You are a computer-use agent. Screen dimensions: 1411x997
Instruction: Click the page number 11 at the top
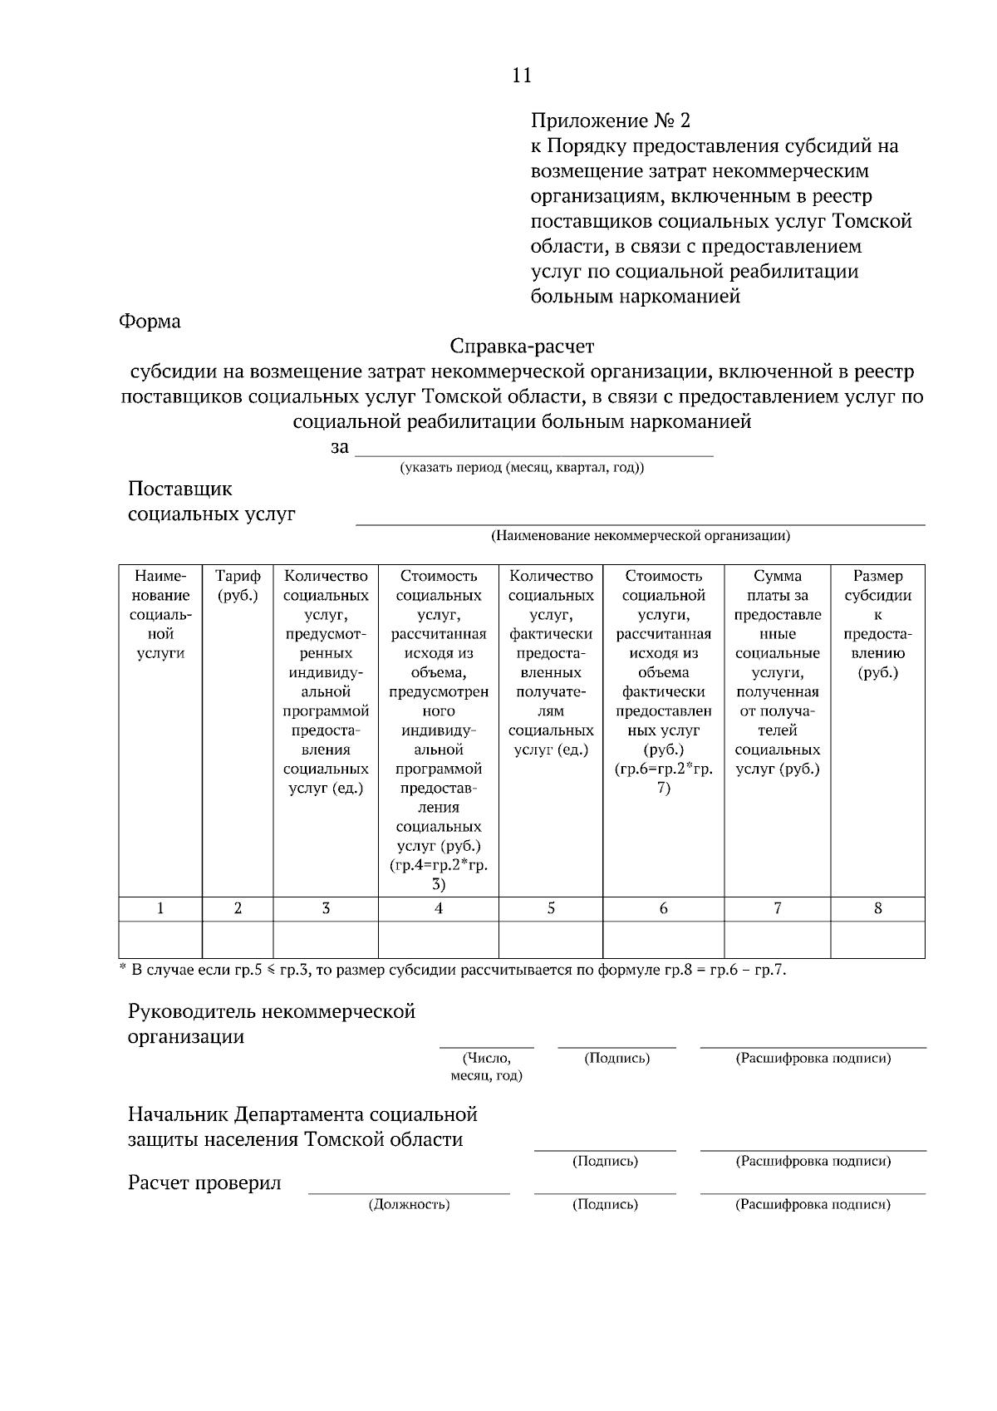[521, 76]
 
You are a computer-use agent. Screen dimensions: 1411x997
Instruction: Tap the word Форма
[150, 321]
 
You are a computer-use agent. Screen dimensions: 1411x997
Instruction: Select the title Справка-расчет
[522, 346]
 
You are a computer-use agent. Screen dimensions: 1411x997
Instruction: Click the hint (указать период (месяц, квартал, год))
[522, 468]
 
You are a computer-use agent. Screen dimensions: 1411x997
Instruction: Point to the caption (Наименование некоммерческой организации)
[641, 535]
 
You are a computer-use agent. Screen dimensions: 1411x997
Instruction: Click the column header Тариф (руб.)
[238, 585]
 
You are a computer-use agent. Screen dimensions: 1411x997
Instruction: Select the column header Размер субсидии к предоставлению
[877, 623]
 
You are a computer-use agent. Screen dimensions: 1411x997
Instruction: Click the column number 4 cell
[439, 908]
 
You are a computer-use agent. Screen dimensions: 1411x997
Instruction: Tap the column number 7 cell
[777, 908]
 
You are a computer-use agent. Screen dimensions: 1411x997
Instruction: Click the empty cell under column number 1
[160, 939]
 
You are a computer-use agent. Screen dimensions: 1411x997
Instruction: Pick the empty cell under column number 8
[877, 939]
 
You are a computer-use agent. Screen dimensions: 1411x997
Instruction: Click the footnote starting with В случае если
[453, 970]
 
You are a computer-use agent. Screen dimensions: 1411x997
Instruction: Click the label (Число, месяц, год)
[486, 1066]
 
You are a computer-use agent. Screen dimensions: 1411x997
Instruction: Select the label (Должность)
[409, 1204]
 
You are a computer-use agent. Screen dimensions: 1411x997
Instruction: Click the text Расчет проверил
[204, 1183]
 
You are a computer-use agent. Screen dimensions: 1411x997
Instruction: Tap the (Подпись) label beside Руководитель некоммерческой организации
[616, 1058]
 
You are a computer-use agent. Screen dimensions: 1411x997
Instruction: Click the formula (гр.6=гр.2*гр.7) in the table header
[663, 778]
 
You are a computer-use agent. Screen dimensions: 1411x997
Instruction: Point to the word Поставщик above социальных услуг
[179, 489]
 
